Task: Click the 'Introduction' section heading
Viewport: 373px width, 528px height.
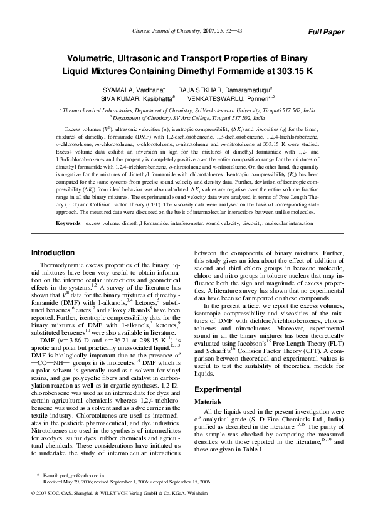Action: [x=53, y=253]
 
